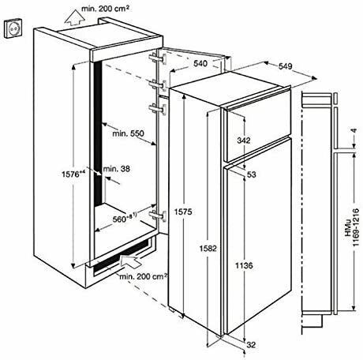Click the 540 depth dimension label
pyautogui.click(x=200, y=63)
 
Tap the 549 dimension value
pyautogui.click(x=285, y=66)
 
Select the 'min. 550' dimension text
pyautogui.click(x=129, y=133)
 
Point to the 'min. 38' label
pyautogui.click(x=117, y=169)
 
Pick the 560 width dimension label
pyautogui.click(x=125, y=219)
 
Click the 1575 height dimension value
pyautogui.click(x=183, y=212)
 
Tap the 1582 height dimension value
pyautogui.click(x=208, y=248)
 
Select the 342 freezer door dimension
pyautogui.click(x=244, y=141)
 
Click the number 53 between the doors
pyautogui.click(x=252, y=174)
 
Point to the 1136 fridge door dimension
pyautogui.click(x=244, y=265)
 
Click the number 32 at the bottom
pyautogui.click(x=252, y=344)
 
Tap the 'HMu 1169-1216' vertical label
pyautogui.click(x=352, y=227)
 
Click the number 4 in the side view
pyautogui.click(x=354, y=130)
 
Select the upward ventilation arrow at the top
pyautogui.click(x=75, y=17)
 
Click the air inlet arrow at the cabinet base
pyautogui.click(x=130, y=261)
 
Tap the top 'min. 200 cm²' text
pyautogui.click(x=105, y=9)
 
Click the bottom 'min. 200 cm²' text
pyautogui.click(x=144, y=276)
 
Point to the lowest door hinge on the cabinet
pyautogui.click(x=158, y=215)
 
